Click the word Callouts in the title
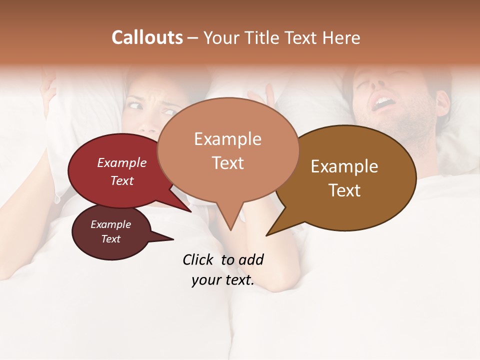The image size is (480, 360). pos(147,37)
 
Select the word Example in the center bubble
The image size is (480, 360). pos(227,139)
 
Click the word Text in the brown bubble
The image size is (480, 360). pos(344,190)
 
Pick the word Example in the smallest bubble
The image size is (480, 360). pos(110,224)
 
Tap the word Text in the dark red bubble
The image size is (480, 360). pos(122,180)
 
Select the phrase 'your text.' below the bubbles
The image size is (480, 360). pos(222,280)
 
